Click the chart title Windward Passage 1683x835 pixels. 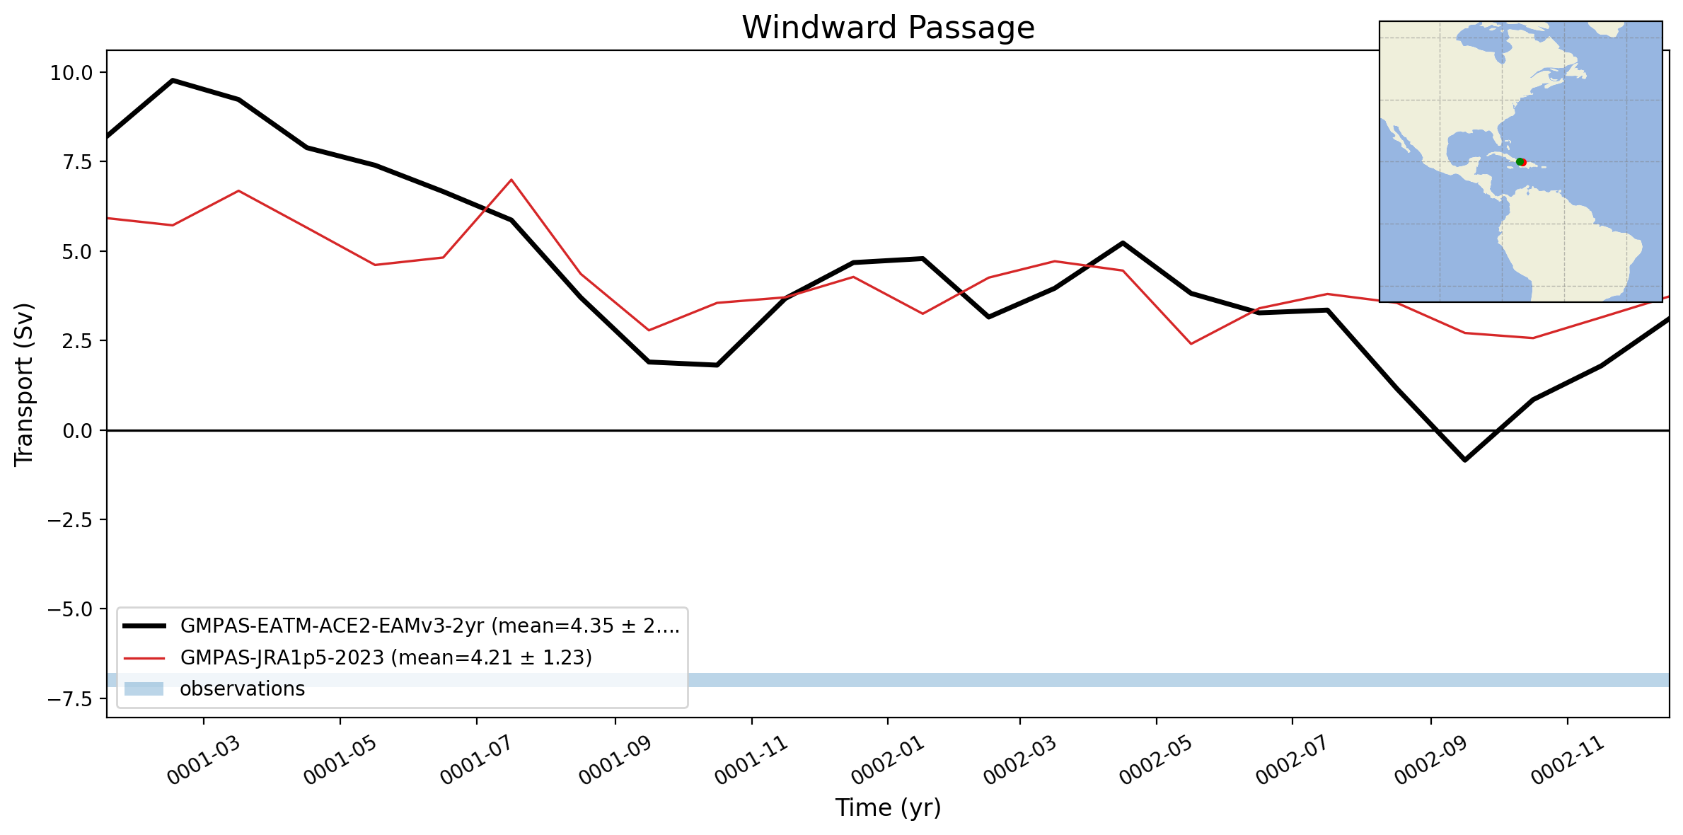tap(888, 28)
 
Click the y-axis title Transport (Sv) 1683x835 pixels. tap(24, 385)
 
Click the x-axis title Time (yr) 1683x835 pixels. tap(888, 807)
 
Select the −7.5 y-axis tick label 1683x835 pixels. tap(70, 699)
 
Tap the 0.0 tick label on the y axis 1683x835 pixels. tap(78, 431)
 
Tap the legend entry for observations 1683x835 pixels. tap(214, 689)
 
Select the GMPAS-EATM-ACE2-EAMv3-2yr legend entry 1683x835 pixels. tap(401, 626)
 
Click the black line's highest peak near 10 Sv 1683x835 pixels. tap(173, 81)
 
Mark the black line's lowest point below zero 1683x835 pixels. tap(1464, 460)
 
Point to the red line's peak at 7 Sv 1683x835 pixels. tap(511, 180)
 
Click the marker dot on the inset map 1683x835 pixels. tap(1521, 162)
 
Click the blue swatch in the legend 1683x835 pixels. tap(144, 689)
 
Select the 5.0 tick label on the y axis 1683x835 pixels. tap(78, 252)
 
